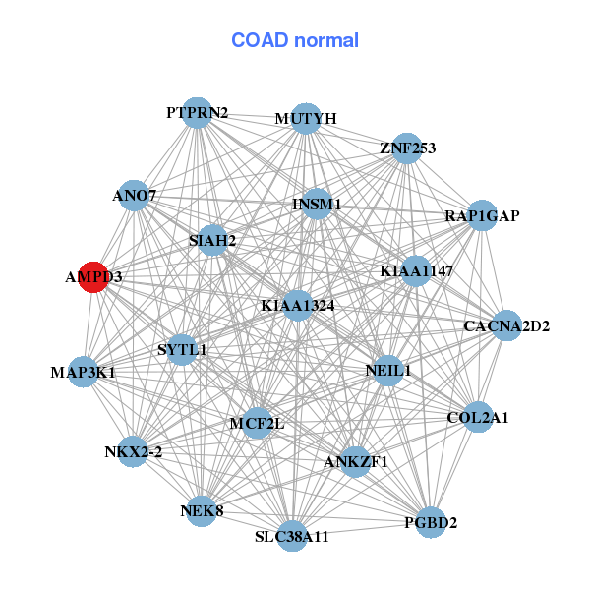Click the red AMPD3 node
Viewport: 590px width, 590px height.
click(x=93, y=277)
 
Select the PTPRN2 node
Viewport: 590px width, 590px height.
click(x=198, y=113)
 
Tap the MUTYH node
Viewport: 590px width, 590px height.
click(x=306, y=118)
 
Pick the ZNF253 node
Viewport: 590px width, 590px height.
click(x=407, y=148)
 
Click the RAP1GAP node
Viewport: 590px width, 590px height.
click(x=481, y=215)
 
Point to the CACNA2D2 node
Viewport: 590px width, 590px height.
click(x=505, y=325)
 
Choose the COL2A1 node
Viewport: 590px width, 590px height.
click(x=477, y=417)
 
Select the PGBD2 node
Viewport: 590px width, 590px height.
click(x=431, y=522)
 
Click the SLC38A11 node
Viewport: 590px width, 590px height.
click(x=292, y=537)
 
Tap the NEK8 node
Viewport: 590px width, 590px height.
click(x=202, y=511)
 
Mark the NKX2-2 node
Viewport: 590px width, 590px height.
click(x=133, y=452)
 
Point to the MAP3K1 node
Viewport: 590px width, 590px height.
click(x=84, y=372)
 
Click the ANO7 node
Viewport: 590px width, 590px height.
click(x=135, y=196)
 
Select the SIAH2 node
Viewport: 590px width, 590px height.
click(x=212, y=240)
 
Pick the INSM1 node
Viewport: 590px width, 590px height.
click(x=317, y=204)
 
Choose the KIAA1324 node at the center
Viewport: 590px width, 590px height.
click(x=298, y=306)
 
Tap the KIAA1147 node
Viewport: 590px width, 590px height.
click(x=416, y=270)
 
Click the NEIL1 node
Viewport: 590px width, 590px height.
click(x=388, y=371)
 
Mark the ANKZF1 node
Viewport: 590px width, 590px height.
click(x=356, y=461)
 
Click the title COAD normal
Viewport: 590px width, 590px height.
click(x=295, y=41)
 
